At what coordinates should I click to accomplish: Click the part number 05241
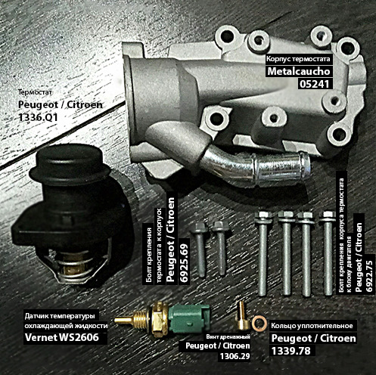click(x=315, y=84)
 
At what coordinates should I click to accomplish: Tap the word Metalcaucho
click(x=299, y=71)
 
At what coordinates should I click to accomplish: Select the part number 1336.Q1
click(x=38, y=117)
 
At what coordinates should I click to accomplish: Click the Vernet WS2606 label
click(x=62, y=337)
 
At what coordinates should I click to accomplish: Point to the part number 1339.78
click(x=291, y=351)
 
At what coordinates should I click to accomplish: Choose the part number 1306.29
click(x=235, y=356)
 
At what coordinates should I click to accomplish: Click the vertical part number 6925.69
click(x=185, y=263)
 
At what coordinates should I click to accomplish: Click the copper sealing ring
click(x=259, y=324)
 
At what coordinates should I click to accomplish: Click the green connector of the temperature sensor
click(x=188, y=318)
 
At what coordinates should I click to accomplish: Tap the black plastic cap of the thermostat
click(x=70, y=162)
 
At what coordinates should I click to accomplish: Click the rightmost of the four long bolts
click(x=328, y=253)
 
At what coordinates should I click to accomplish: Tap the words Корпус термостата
click(x=298, y=59)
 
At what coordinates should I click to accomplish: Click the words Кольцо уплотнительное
click(x=312, y=326)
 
